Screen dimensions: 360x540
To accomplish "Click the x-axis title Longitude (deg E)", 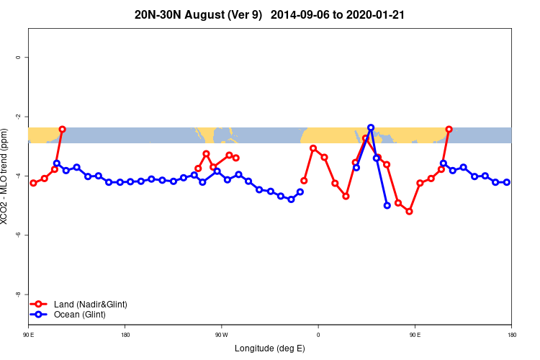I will [269, 348].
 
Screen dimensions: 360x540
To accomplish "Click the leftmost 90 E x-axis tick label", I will [28, 335].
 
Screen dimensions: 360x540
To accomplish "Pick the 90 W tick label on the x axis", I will [221, 335].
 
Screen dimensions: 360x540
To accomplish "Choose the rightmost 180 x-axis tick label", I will [511, 335].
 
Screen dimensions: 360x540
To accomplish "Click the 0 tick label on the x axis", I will [318, 335].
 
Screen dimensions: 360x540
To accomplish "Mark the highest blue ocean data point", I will [371, 127].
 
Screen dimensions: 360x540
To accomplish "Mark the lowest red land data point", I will [409, 211].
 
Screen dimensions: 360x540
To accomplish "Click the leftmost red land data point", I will [33, 183].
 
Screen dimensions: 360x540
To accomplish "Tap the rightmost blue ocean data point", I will [507, 182].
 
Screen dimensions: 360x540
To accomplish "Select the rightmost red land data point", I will [449, 130].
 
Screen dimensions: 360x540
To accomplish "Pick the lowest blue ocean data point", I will [387, 205].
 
